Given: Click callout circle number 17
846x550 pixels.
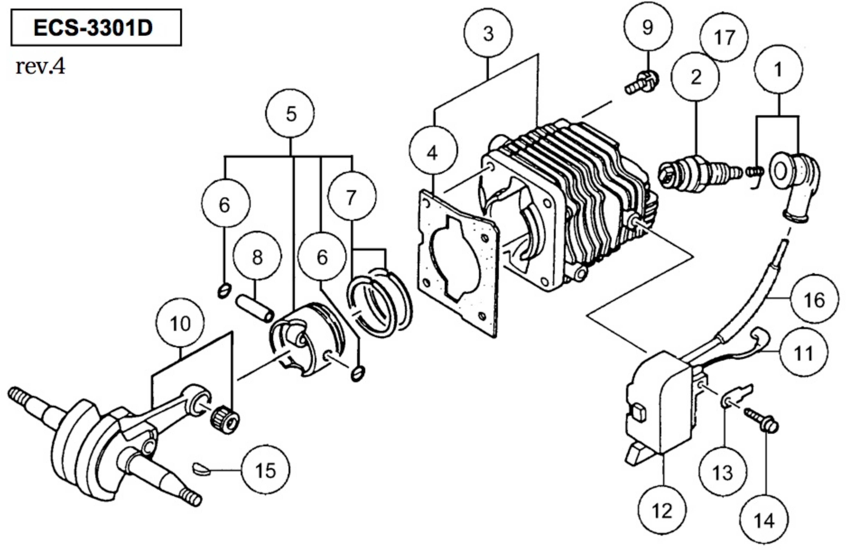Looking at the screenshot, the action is tap(724, 37).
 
